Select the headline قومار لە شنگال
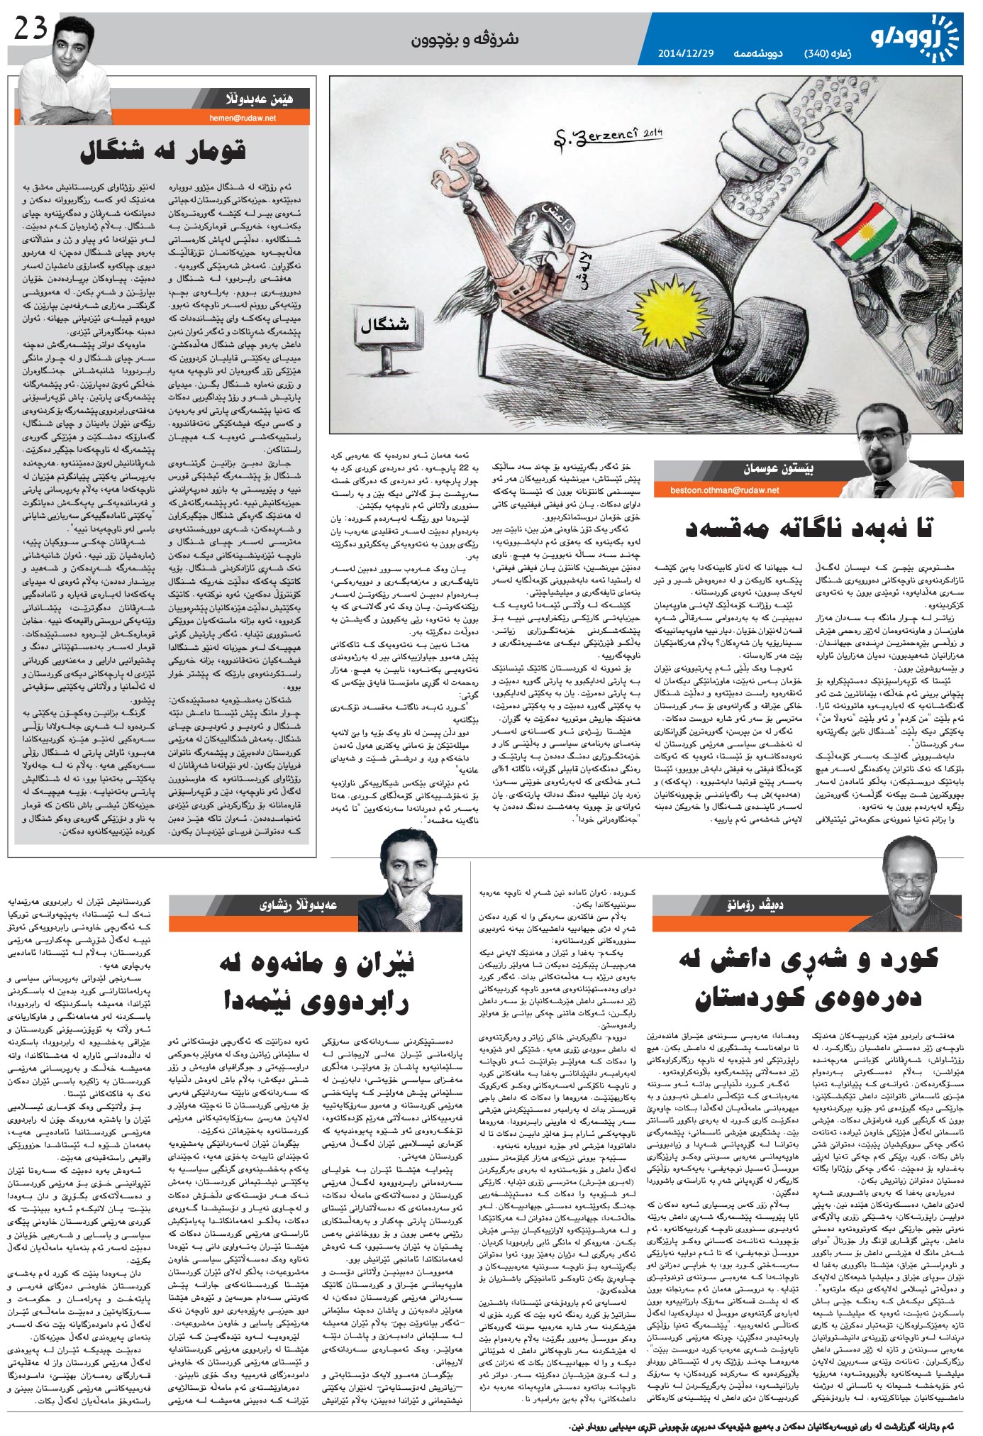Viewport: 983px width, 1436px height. coord(163,151)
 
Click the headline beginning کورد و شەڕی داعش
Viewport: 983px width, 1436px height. coord(809,979)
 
